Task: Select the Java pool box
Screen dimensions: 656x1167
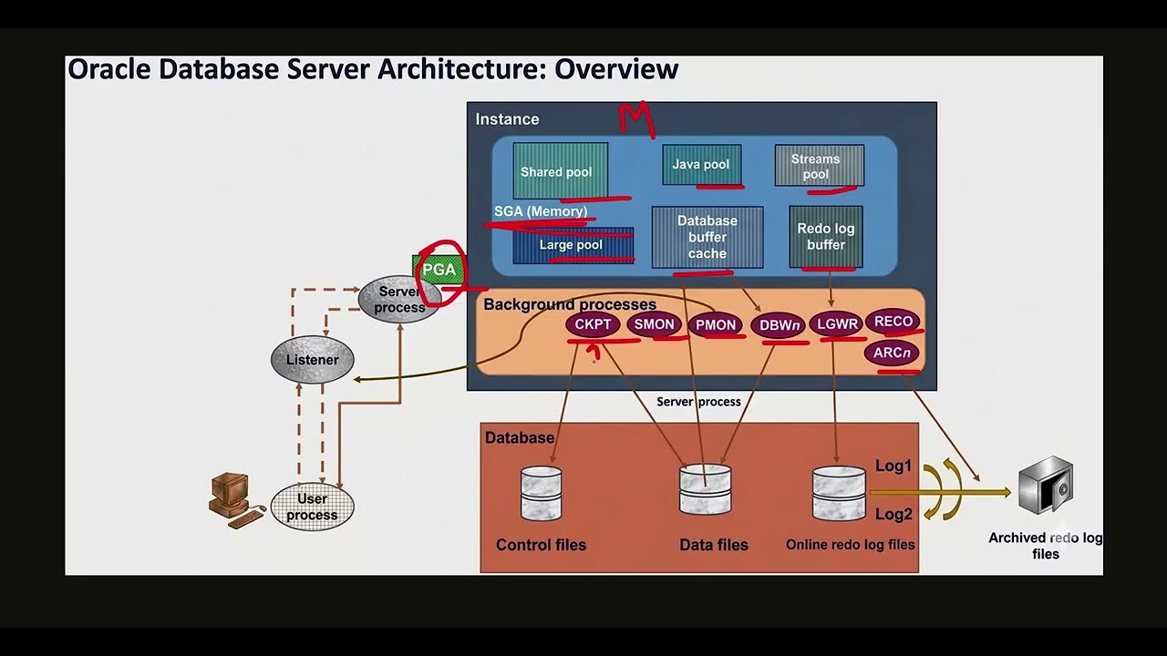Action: (701, 164)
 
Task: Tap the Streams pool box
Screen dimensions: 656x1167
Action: (819, 166)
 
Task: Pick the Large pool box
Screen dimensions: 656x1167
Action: (573, 245)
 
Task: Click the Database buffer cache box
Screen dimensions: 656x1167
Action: (707, 237)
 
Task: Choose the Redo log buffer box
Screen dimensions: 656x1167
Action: (826, 237)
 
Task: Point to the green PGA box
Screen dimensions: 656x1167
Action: (439, 270)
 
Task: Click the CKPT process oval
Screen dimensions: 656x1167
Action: (593, 324)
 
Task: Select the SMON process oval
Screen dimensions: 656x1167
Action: (654, 324)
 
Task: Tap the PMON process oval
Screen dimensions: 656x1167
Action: (716, 324)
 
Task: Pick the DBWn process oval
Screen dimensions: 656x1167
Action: (779, 325)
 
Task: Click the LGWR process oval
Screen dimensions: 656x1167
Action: (837, 324)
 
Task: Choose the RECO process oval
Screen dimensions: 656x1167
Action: (893, 322)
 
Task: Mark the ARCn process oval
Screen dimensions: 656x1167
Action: (892, 354)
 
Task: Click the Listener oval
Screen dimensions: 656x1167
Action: (312, 360)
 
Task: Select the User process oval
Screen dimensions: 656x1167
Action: (312, 507)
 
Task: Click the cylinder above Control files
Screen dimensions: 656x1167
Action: (541, 494)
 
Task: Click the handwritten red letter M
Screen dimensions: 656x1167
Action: (637, 120)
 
